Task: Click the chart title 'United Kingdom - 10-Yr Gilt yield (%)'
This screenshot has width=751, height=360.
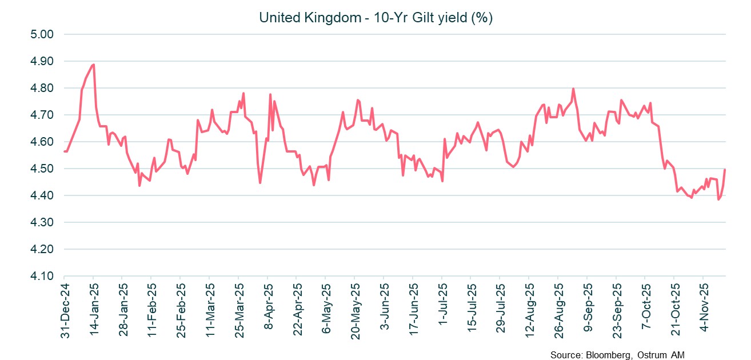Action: coord(376,18)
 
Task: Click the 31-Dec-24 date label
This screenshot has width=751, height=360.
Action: coord(65,309)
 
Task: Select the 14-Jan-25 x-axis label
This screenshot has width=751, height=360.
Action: coord(94,309)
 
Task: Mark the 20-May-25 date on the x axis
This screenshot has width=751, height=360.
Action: coord(354,309)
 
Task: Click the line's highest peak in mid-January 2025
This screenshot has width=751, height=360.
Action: coord(93,65)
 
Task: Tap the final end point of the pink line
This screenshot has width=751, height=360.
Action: coord(725,169)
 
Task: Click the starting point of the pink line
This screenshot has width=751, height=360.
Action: coord(65,151)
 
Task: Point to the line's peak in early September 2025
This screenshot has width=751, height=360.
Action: coord(573,89)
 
